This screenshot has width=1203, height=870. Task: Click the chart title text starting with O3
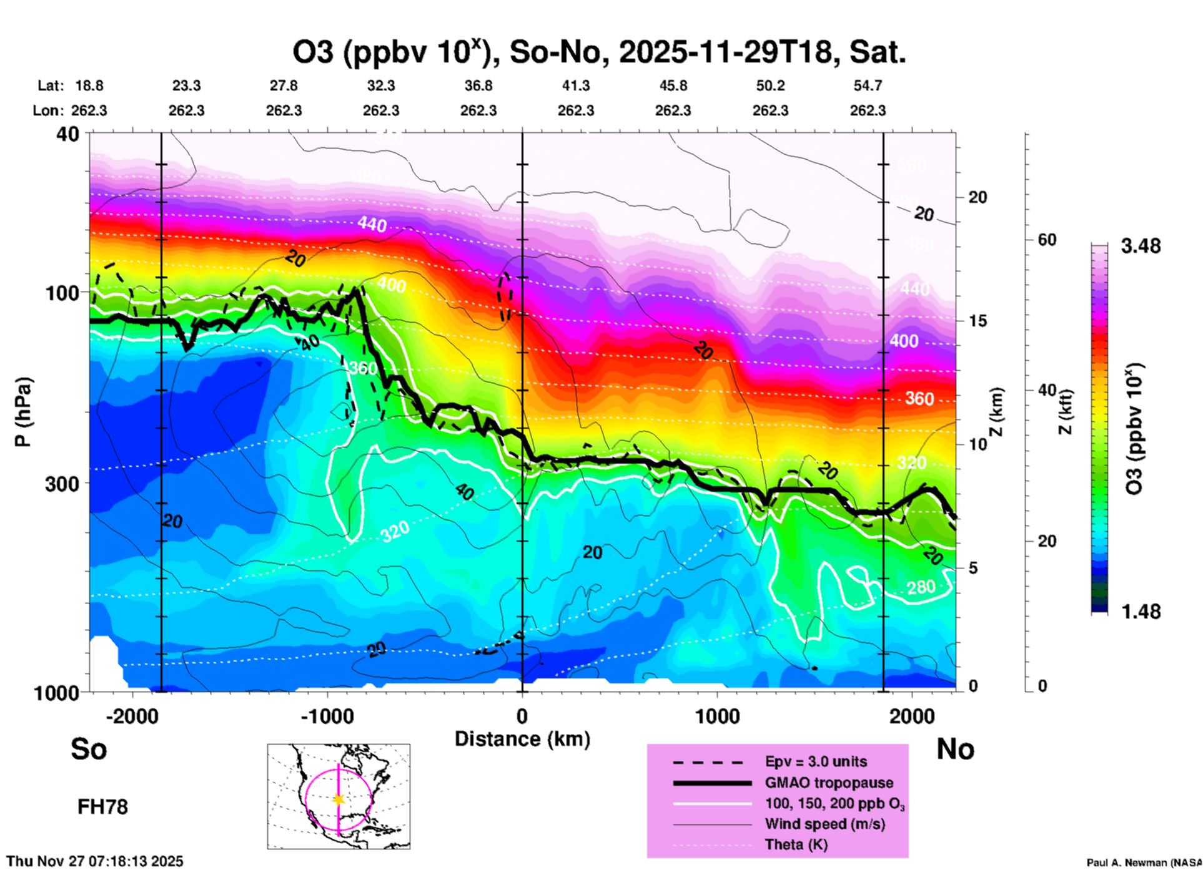click(598, 52)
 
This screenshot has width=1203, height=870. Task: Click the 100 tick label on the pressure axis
click(62, 293)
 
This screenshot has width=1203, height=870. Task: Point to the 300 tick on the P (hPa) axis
click(62, 484)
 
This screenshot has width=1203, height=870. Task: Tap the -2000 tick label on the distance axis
click(132, 716)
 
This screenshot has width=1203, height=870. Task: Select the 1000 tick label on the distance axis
click(717, 716)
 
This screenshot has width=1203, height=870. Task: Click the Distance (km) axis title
click(522, 739)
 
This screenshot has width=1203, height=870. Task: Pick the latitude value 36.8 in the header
click(478, 86)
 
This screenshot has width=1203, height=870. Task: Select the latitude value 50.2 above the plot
click(770, 86)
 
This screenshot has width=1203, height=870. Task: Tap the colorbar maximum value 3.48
click(1141, 247)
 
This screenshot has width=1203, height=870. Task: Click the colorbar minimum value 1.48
click(1141, 612)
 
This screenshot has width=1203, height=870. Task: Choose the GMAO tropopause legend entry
click(829, 783)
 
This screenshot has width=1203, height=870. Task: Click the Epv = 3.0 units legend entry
click(816, 761)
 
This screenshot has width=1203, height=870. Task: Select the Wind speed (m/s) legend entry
click(824, 824)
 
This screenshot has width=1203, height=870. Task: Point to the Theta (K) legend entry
click(796, 844)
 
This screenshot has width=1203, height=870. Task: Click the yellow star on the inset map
click(339, 799)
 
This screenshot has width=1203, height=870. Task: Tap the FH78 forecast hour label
click(102, 807)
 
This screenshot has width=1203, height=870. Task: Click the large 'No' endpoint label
click(955, 750)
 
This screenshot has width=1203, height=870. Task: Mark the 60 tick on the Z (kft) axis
click(1047, 240)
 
